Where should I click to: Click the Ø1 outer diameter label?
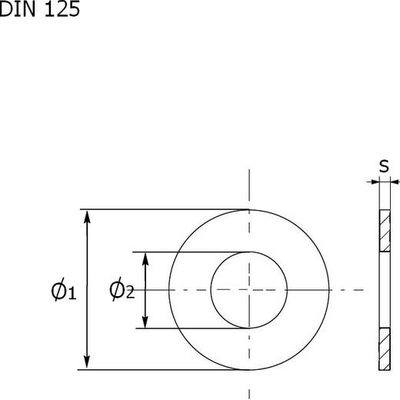tap(62, 291)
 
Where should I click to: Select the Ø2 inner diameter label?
tap(122, 290)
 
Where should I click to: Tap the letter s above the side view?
tap(383, 166)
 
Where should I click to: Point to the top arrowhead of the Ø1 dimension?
tap(88, 216)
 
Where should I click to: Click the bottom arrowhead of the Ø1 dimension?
tap(88, 362)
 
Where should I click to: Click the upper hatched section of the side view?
tap(383, 230)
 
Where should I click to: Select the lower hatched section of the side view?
tap(383, 349)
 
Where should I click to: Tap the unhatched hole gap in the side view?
tap(383, 290)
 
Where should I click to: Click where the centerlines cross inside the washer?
tap(248, 290)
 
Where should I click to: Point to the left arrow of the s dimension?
tap(372, 182)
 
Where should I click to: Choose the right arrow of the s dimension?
tap(395, 182)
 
